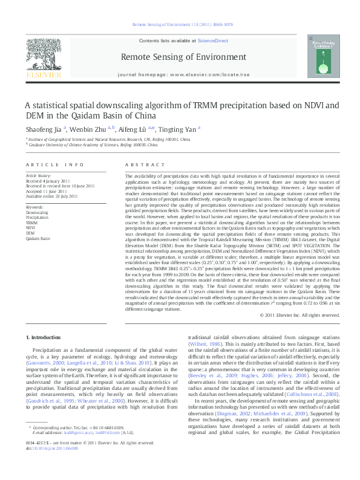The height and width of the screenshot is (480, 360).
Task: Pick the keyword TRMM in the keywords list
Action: [x=31, y=223]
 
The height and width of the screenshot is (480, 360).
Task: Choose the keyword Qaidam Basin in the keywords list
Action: [x=38, y=238]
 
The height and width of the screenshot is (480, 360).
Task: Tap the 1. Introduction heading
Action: [x=45, y=336]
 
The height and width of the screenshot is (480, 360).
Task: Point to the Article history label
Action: [x=38, y=175]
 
